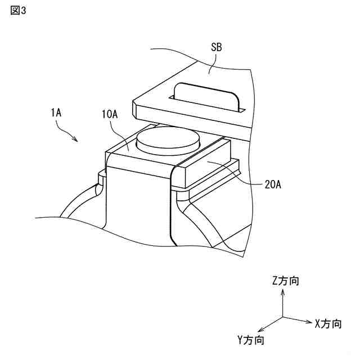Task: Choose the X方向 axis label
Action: pos(328,323)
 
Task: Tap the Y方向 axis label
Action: pos(250,340)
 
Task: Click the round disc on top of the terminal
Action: pos(167,138)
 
